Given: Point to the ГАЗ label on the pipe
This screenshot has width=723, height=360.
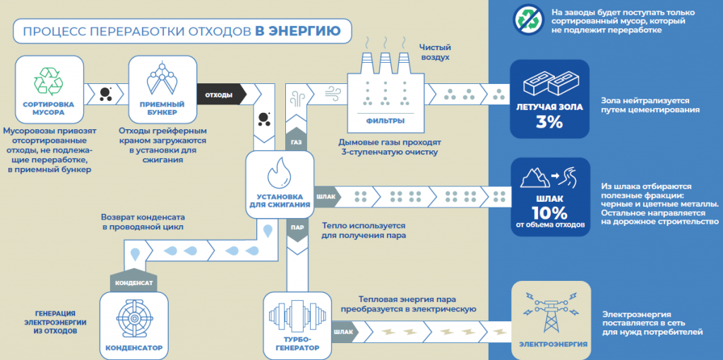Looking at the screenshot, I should (x=297, y=142).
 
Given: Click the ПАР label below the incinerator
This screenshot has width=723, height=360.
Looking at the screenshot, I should (x=297, y=228).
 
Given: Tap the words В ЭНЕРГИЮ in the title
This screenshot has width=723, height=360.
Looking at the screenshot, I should (x=297, y=30).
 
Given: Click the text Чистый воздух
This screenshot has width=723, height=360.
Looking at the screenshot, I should (x=435, y=52).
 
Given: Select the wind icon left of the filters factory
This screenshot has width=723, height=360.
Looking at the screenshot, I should (x=331, y=91).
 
